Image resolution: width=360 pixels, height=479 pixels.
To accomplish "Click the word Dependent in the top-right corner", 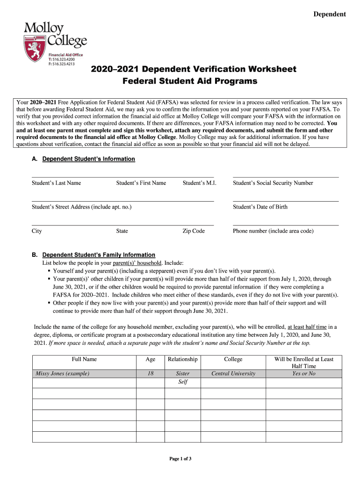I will [x=330, y=14].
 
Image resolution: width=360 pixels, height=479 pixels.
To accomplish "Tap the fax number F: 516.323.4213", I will [x=65, y=64].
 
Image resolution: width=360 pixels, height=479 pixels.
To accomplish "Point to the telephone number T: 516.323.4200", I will [x=65, y=59].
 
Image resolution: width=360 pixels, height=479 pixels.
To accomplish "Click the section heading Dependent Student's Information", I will [x=88, y=159].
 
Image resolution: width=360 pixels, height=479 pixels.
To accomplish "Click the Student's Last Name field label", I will [x=56, y=183].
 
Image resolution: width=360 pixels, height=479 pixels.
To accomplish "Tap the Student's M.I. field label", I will [x=199, y=183].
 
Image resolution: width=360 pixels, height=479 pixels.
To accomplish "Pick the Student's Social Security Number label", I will [x=273, y=183].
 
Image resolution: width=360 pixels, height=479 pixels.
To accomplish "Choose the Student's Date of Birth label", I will [x=260, y=207].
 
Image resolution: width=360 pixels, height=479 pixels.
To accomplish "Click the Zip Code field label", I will [x=194, y=231].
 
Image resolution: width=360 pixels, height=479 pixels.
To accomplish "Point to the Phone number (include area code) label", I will [x=273, y=231].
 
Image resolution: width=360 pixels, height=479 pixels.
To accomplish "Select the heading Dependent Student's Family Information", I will [x=99, y=255].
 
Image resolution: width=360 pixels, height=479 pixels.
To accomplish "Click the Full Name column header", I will [x=84, y=359].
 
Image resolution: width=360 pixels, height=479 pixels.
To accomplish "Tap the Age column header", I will [x=151, y=359].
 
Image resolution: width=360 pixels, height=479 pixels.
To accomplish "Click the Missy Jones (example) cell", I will [x=63, y=373].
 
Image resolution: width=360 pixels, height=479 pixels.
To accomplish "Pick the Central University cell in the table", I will [x=233, y=373].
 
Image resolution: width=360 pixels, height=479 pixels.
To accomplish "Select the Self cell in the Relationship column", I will [x=182, y=382].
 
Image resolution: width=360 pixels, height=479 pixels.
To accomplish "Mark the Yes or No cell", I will [x=304, y=373].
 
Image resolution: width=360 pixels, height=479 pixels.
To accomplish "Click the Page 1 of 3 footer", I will [x=180, y=459].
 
